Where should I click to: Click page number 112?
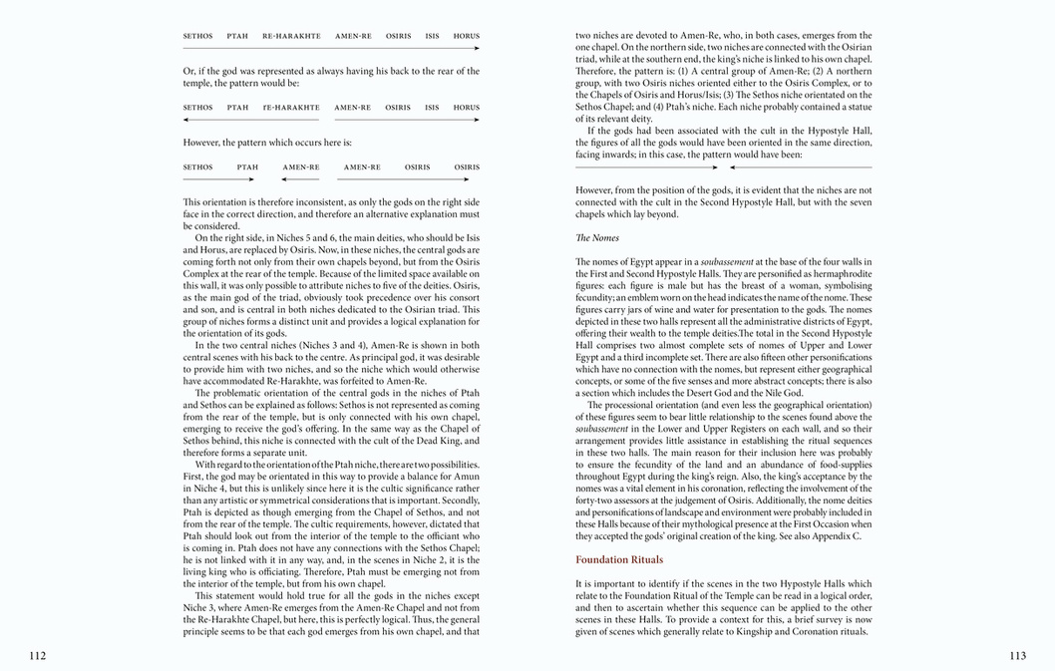tap(38, 655)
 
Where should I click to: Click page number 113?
tap(1017, 655)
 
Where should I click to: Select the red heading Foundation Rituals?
tap(619, 559)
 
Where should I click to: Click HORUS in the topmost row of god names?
tap(466, 36)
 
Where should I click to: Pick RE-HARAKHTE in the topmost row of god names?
tap(291, 36)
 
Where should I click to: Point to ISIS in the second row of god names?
tap(432, 108)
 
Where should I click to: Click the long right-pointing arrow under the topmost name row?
tap(331, 48)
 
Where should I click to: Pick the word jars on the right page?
tap(638, 308)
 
